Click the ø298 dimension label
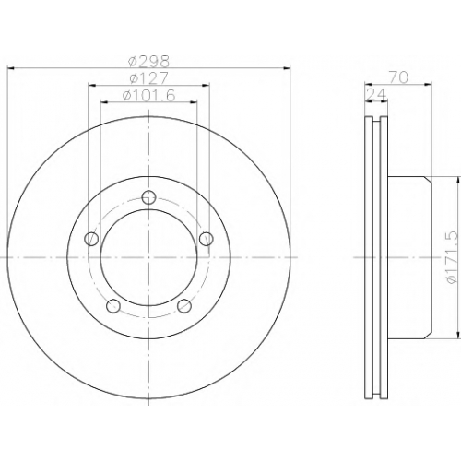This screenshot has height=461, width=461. (149, 61)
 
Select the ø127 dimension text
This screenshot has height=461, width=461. (148, 78)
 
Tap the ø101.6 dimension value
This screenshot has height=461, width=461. (148, 95)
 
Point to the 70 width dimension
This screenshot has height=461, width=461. (399, 77)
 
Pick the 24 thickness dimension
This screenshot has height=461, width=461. (376, 95)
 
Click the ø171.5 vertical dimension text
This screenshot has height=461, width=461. (453, 257)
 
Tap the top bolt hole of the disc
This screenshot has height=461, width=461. (149, 197)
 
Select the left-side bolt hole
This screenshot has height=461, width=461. (91, 239)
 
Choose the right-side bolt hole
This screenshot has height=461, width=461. (207, 239)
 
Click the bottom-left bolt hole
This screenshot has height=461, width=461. (113, 306)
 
